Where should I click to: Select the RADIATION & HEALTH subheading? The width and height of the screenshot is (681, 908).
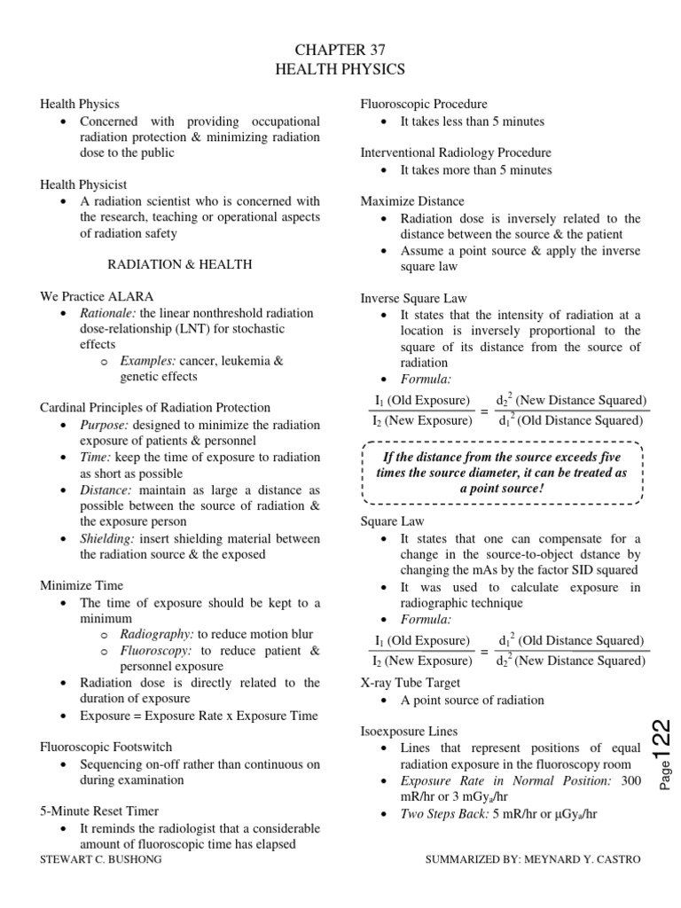180,264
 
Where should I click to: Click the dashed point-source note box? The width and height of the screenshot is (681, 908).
502,473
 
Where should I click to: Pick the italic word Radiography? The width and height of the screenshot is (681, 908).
157,635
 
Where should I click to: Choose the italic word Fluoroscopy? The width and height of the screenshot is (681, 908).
156,651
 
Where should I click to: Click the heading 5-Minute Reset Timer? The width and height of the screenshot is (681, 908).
99,810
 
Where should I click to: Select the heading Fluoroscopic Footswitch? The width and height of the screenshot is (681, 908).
106,747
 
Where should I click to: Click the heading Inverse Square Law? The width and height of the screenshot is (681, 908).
412,299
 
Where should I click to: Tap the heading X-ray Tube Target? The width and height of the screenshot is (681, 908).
409,683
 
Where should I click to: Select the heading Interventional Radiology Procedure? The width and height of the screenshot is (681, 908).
455,153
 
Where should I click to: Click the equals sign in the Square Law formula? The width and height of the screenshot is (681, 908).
484,652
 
